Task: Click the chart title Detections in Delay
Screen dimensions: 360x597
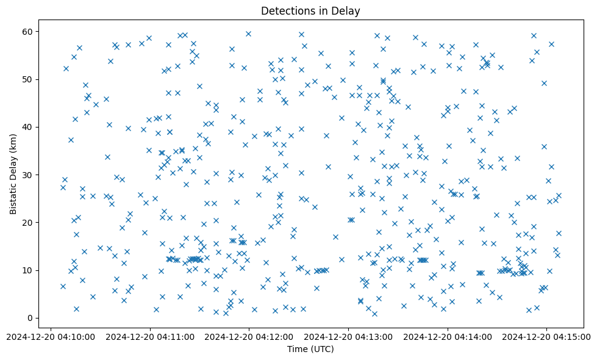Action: (310, 10)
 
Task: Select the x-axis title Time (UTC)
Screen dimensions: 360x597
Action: (310, 349)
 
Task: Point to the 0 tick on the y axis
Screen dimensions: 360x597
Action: (30, 318)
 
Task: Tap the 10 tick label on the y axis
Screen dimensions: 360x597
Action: (28, 270)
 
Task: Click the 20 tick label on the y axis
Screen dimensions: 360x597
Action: (28, 223)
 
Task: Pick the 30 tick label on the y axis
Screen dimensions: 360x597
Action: (28, 175)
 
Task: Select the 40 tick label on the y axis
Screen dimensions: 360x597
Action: (28, 127)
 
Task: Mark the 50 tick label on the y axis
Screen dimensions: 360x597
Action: (28, 79)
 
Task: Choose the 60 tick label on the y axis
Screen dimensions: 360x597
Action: (28, 32)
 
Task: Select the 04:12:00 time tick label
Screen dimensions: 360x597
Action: (249, 336)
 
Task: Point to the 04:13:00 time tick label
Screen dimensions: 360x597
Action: (348, 336)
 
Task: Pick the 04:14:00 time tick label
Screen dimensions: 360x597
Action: (448, 336)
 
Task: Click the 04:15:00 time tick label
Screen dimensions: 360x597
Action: (547, 336)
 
